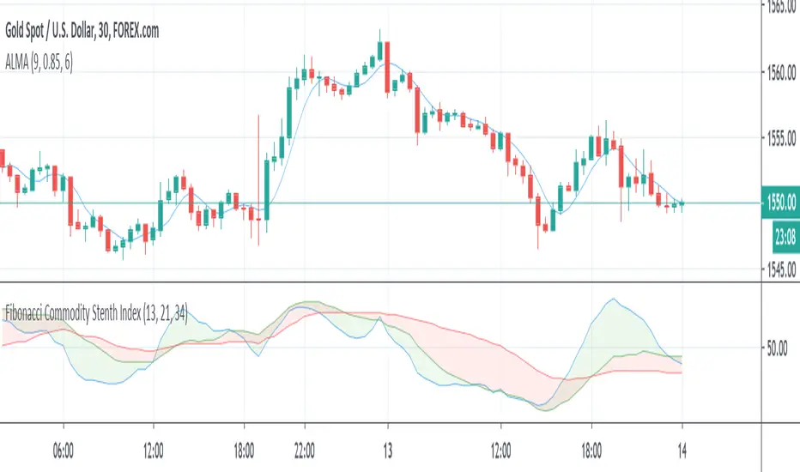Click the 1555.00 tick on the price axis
tap(781, 137)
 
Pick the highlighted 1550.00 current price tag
tap(780, 203)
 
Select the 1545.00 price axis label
tap(781, 269)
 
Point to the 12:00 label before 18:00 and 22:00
tap(154, 449)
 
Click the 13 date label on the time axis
tap(388, 449)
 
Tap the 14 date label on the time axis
tap(682, 449)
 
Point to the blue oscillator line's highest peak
tap(612, 299)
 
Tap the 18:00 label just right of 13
tap(591, 449)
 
